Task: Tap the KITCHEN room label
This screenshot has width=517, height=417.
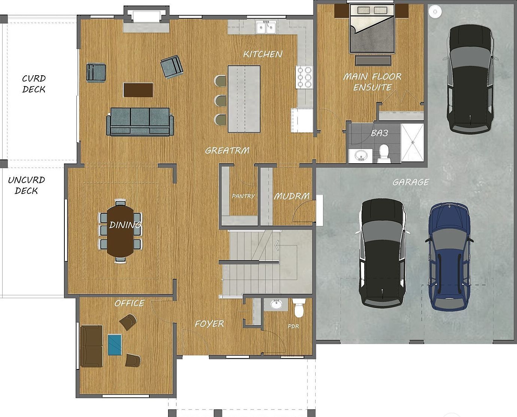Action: click(x=263, y=54)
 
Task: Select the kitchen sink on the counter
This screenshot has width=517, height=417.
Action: click(x=266, y=27)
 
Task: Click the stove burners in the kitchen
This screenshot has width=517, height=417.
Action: click(x=304, y=77)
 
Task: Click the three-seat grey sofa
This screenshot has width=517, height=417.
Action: click(x=140, y=121)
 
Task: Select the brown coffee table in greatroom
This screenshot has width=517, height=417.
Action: click(x=138, y=90)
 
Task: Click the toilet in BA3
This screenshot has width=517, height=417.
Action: click(x=384, y=153)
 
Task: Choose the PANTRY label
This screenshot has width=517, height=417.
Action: click(x=243, y=196)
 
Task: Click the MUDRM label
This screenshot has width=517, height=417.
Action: click(x=292, y=196)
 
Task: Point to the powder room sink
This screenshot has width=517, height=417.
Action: click(x=276, y=304)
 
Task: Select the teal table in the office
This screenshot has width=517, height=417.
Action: click(x=115, y=344)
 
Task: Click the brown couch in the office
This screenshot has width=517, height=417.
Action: click(x=91, y=346)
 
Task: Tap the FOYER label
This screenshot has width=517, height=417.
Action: click(x=209, y=324)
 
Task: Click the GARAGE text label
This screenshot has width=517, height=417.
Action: click(x=411, y=182)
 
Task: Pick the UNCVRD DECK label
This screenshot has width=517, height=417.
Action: click(x=26, y=185)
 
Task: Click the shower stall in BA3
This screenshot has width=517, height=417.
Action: click(x=412, y=143)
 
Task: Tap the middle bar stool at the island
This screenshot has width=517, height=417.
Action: click(x=221, y=100)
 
